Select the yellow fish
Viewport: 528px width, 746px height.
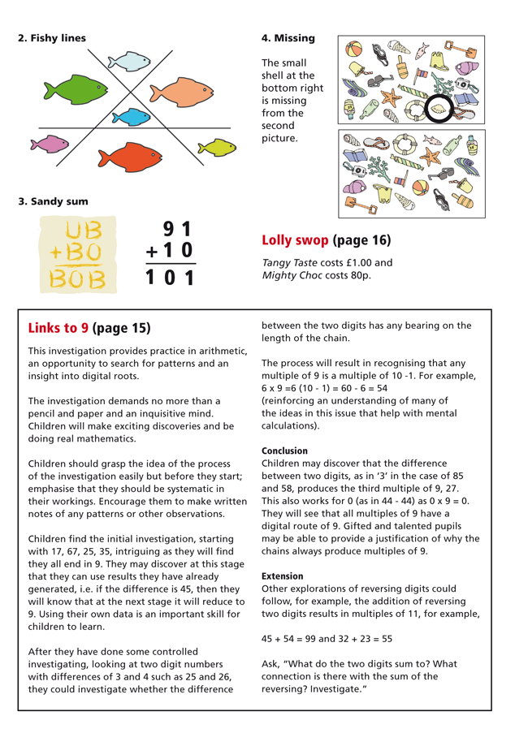coord(218,147)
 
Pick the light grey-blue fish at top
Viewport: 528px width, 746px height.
coord(131,60)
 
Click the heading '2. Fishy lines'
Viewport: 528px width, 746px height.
coord(51,37)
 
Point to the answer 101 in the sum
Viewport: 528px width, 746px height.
coord(170,278)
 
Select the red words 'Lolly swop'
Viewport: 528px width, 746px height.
coord(294,241)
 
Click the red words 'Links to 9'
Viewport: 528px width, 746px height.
coord(58,328)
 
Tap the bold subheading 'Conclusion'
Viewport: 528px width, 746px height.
coord(284,450)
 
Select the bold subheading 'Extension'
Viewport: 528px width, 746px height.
coord(283,576)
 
